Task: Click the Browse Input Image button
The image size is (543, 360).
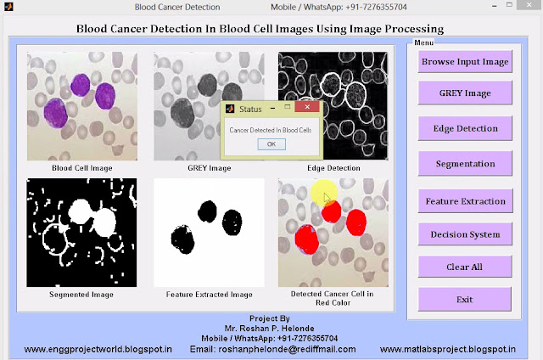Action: point(465,61)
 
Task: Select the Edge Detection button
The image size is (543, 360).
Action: point(465,128)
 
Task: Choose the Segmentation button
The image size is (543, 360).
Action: point(465,163)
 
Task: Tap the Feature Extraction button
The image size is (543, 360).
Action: point(465,201)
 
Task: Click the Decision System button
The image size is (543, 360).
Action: point(465,234)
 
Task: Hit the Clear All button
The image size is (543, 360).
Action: point(465,267)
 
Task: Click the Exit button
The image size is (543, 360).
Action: point(465,299)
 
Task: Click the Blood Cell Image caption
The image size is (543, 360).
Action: point(81,168)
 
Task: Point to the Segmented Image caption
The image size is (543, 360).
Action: point(82,295)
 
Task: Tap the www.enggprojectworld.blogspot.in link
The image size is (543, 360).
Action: point(98,349)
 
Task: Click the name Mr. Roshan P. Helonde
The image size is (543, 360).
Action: point(271,327)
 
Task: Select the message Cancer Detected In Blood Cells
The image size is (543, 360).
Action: point(271,128)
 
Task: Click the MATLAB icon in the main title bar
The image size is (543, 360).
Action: point(9,8)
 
